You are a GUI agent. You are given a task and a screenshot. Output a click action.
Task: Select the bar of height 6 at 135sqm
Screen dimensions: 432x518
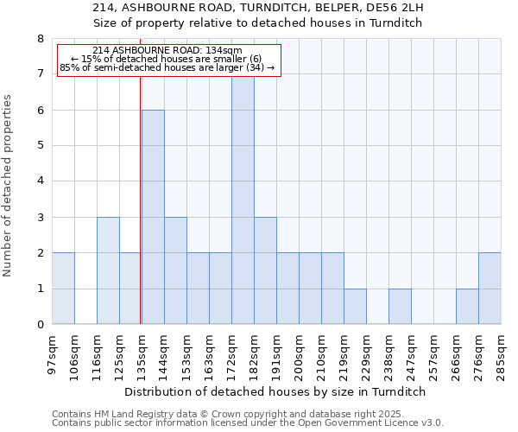click(153, 217)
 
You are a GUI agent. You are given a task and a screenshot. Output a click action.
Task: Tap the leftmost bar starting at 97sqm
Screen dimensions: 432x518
click(63, 289)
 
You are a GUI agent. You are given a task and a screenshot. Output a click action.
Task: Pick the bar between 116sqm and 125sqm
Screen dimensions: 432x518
click(108, 270)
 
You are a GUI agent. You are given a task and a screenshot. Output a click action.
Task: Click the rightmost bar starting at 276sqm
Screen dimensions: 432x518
click(490, 289)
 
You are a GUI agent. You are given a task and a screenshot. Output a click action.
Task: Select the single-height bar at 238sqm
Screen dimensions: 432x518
click(400, 307)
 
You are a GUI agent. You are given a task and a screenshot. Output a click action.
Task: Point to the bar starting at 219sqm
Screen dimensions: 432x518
click(355, 307)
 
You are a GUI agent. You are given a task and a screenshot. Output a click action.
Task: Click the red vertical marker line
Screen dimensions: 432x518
click(140, 199)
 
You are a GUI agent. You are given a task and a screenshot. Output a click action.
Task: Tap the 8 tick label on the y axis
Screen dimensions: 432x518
click(40, 39)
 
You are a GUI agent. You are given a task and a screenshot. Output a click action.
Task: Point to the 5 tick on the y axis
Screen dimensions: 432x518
click(40, 146)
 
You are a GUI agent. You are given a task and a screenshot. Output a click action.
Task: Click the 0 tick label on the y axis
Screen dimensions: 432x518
click(40, 325)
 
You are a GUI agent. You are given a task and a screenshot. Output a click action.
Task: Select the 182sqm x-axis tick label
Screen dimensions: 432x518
click(254, 354)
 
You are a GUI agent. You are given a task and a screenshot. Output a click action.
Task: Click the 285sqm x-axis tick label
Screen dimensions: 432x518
click(501, 354)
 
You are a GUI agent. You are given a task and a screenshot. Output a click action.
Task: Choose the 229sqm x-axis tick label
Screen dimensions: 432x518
click(366, 354)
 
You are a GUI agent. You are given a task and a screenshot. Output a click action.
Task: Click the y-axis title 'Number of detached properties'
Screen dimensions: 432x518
click(8, 186)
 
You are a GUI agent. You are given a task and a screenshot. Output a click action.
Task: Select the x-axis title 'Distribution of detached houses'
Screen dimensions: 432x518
click(281, 391)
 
